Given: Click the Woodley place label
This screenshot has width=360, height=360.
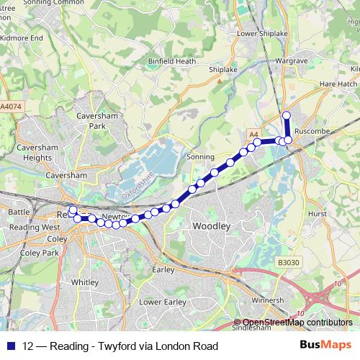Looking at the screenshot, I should (212, 226).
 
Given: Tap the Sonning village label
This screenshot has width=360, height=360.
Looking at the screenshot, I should (200, 156).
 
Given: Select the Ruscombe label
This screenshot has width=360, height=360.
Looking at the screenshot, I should (312, 132).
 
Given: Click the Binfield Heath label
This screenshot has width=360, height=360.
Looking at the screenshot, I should (172, 61).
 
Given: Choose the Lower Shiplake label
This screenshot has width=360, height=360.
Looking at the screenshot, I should (257, 33).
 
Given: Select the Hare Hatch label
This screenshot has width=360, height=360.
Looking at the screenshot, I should (338, 84).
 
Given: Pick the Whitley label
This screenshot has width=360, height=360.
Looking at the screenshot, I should (85, 283).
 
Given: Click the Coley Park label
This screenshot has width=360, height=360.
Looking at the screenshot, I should (40, 253).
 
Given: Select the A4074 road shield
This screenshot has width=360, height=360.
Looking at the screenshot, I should (11, 106).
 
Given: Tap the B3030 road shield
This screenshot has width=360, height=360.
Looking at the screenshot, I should (287, 264).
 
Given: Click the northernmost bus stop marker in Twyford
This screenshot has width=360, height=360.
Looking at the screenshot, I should (286, 115).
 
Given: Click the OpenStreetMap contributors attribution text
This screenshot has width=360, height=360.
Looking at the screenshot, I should (297, 323).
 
